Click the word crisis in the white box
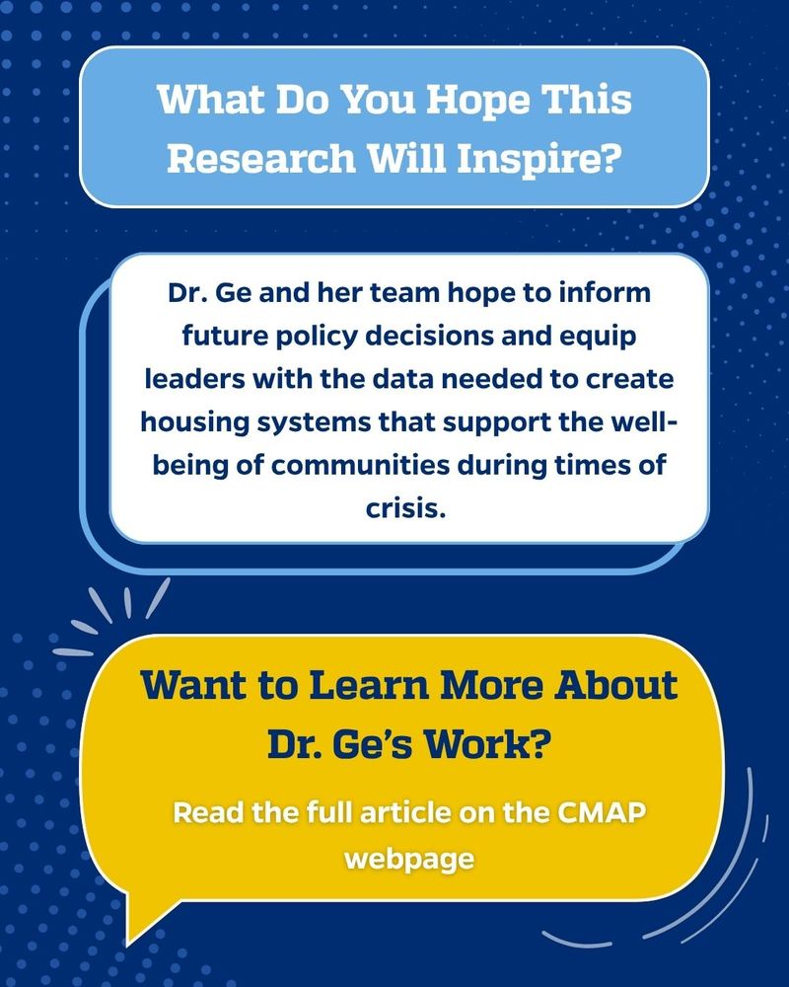pos(405,508)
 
